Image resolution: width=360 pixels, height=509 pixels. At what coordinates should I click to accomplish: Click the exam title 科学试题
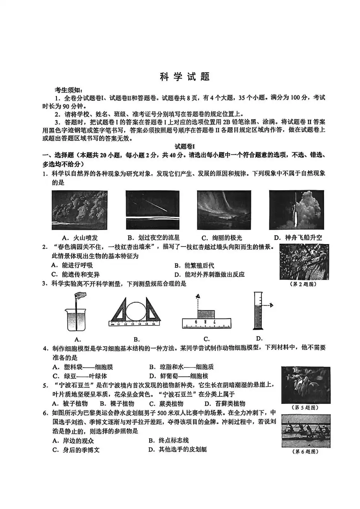click(185, 77)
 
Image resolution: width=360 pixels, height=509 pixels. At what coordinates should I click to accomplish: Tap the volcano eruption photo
click(80, 210)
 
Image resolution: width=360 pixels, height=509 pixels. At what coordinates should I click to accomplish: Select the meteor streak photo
click(153, 210)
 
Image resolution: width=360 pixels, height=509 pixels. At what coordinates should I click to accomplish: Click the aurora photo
click(224, 210)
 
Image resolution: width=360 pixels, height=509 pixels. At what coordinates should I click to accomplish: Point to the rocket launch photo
click(297, 210)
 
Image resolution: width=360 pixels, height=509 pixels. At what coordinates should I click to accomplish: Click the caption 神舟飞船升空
click(298, 238)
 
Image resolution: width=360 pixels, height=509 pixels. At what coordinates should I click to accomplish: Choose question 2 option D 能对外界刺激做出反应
click(209, 275)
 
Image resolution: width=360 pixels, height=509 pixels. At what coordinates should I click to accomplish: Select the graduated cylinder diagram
click(258, 311)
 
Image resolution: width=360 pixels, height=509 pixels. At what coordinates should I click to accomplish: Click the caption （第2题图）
click(303, 284)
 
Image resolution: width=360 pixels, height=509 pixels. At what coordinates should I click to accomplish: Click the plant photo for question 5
click(306, 385)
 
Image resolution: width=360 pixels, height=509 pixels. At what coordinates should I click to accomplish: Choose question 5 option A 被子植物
click(70, 404)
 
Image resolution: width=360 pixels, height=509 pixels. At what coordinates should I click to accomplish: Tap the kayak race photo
click(306, 431)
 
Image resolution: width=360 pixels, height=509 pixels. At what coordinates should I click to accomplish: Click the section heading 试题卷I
click(185, 147)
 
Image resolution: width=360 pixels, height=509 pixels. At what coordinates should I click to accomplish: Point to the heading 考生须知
click(68, 90)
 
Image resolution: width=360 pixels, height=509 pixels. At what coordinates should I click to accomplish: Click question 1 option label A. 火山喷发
click(80, 238)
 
